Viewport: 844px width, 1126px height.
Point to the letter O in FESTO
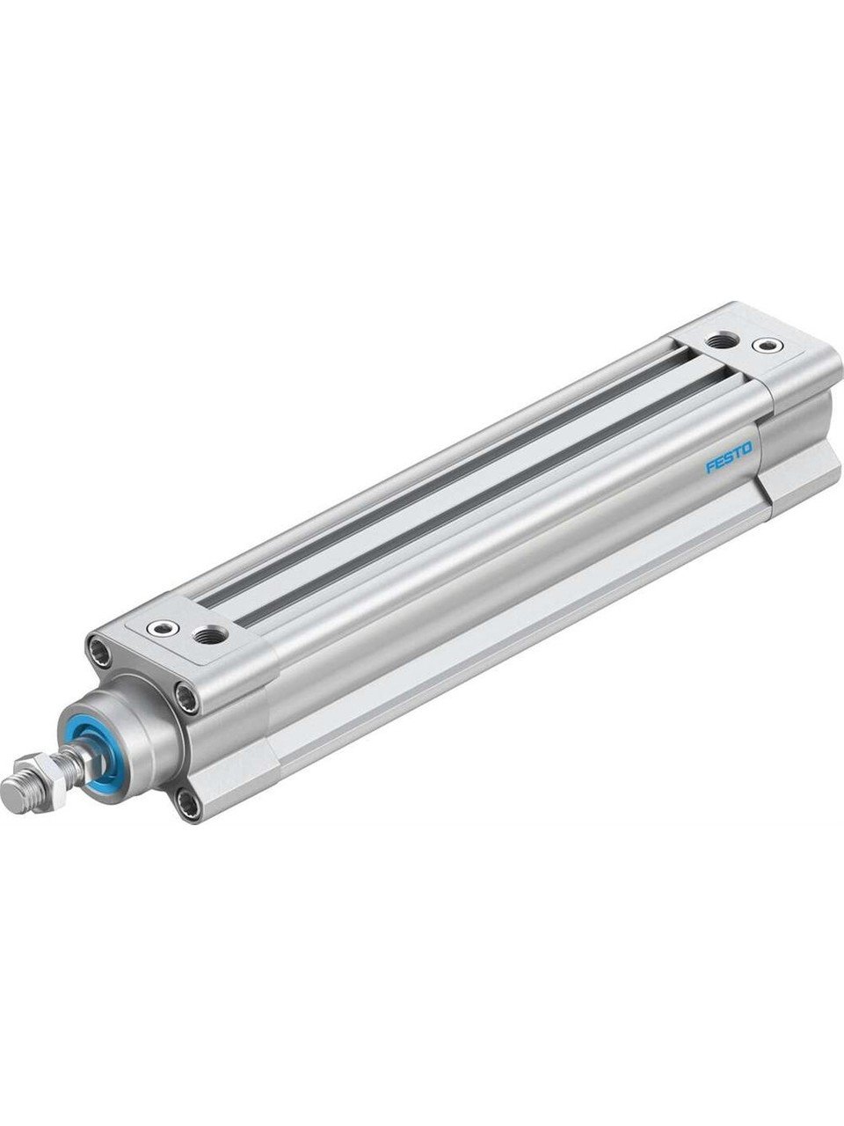point(747,448)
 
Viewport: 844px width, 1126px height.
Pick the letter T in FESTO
point(738,451)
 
